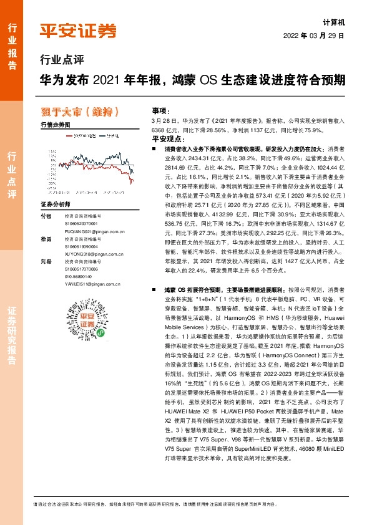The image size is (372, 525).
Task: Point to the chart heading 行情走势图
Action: [54, 125]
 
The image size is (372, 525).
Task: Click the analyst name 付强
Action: [45, 215]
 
